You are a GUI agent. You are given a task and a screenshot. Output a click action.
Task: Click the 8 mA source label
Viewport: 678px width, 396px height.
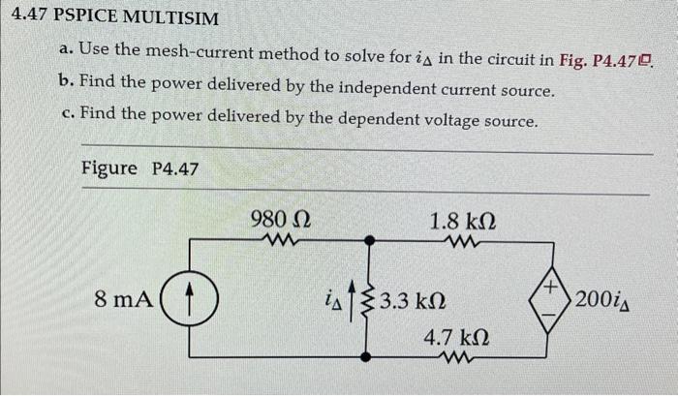tap(122, 299)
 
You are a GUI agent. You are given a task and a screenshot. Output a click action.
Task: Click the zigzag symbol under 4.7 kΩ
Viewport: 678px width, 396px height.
tap(455, 359)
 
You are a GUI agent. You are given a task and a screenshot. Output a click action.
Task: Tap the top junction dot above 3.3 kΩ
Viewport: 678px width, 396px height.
tap(367, 238)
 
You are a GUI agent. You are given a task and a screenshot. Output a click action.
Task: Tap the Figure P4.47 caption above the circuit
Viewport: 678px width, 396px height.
tap(139, 168)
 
